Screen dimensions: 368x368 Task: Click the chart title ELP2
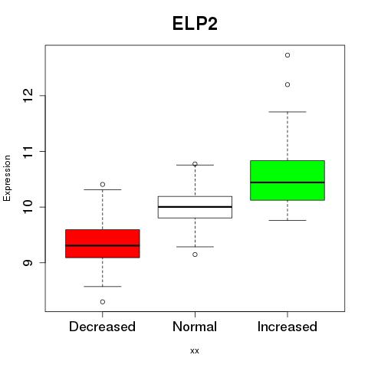pyautogui.click(x=195, y=24)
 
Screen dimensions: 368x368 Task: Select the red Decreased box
pyautogui.click(x=103, y=244)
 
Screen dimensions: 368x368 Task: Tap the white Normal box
pyautogui.click(x=195, y=207)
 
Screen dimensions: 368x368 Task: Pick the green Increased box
pyautogui.click(x=287, y=180)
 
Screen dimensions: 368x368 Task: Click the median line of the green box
pyautogui.click(x=287, y=182)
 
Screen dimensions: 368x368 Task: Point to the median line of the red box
pyautogui.click(x=103, y=245)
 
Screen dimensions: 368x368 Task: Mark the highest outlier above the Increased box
pyautogui.click(x=287, y=55)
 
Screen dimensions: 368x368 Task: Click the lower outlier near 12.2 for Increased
pyautogui.click(x=287, y=84)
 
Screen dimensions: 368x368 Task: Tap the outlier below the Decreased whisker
pyautogui.click(x=103, y=302)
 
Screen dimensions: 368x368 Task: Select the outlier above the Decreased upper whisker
pyautogui.click(x=103, y=184)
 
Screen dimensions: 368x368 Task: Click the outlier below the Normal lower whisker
pyautogui.click(x=195, y=255)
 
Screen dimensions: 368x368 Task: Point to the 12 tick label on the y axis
pyautogui.click(x=28, y=96)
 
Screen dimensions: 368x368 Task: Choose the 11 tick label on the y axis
pyautogui.click(x=28, y=152)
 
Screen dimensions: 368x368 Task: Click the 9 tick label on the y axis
pyautogui.click(x=28, y=263)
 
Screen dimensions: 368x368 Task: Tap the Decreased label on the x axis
pyautogui.click(x=102, y=327)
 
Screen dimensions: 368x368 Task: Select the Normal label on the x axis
pyautogui.click(x=195, y=327)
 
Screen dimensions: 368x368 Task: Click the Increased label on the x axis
pyautogui.click(x=287, y=327)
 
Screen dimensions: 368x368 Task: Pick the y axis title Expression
pyautogui.click(x=7, y=178)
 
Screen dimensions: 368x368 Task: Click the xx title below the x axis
pyautogui.click(x=195, y=351)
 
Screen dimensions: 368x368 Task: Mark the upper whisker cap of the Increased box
pyautogui.click(x=287, y=112)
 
